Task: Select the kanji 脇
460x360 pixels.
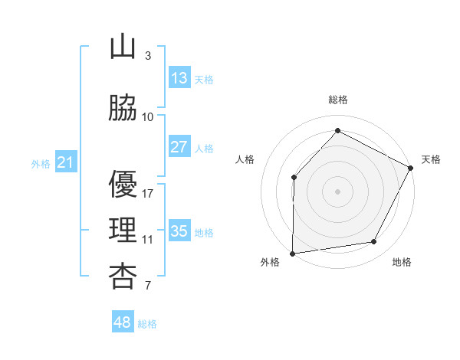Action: point(123,107)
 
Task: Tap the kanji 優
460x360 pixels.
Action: point(123,184)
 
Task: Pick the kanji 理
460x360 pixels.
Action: point(123,230)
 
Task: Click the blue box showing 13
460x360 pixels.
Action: point(179,77)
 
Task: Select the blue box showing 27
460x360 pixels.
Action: point(179,146)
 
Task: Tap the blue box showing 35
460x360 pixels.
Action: point(179,230)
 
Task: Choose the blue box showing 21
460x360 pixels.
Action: point(66,162)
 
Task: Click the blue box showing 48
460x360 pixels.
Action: point(123,321)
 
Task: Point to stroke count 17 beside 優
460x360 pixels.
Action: point(147,194)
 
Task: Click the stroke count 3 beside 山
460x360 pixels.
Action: point(148,55)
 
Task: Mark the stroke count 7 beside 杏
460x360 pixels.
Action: point(148,285)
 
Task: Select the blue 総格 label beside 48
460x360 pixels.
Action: point(147,324)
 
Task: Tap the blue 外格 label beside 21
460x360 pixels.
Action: point(41,164)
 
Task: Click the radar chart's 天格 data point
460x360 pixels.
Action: point(410,168)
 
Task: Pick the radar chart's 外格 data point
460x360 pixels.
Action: point(293,254)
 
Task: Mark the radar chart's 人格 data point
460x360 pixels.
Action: point(294,178)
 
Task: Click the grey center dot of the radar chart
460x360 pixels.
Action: point(337,191)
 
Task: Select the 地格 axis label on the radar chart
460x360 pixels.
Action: point(402,262)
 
